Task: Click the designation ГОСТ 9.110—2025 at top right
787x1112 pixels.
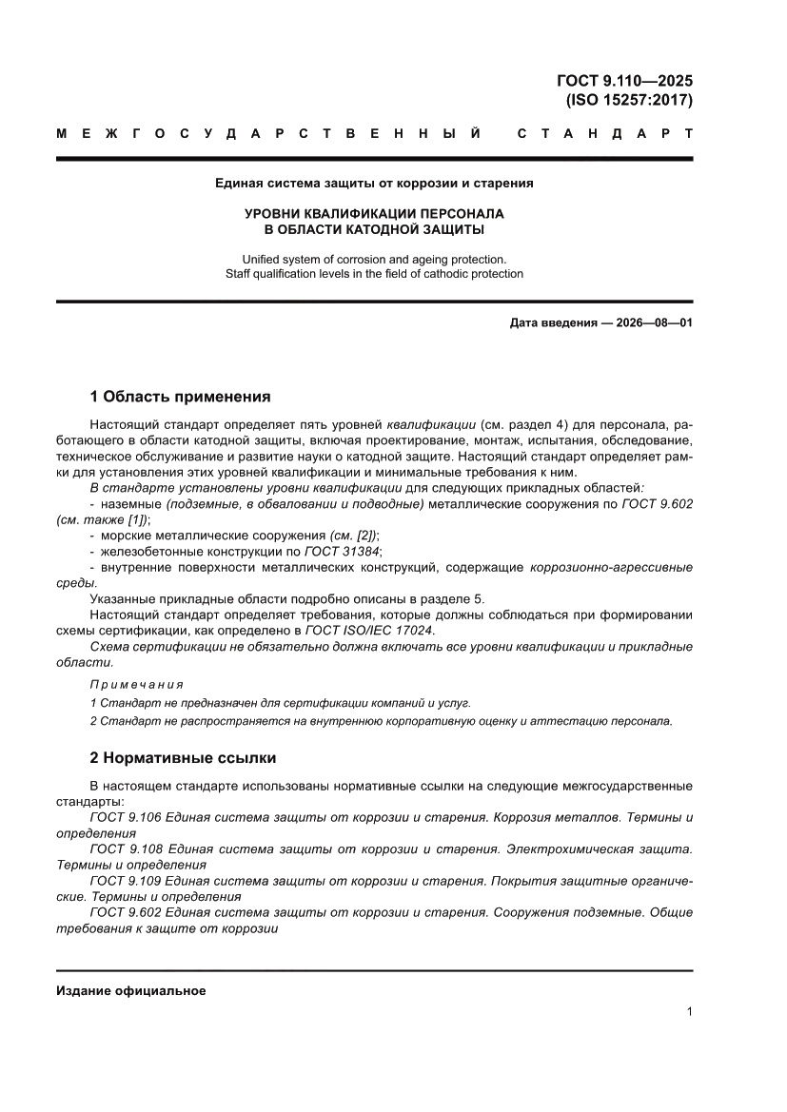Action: (624, 81)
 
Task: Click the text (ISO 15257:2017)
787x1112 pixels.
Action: (629, 100)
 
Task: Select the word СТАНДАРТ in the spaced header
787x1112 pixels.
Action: (604, 134)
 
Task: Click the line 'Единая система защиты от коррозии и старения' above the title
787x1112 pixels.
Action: (374, 183)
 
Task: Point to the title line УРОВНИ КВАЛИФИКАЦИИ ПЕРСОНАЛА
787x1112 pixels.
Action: (374, 214)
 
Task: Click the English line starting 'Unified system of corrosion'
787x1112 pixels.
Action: (374, 259)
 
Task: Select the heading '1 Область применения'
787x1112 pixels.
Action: (180, 397)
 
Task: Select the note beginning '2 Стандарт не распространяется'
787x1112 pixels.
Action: (381, 721)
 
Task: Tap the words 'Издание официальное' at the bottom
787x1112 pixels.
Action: (131, 991)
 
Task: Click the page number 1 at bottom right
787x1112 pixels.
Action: (688, 1012)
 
